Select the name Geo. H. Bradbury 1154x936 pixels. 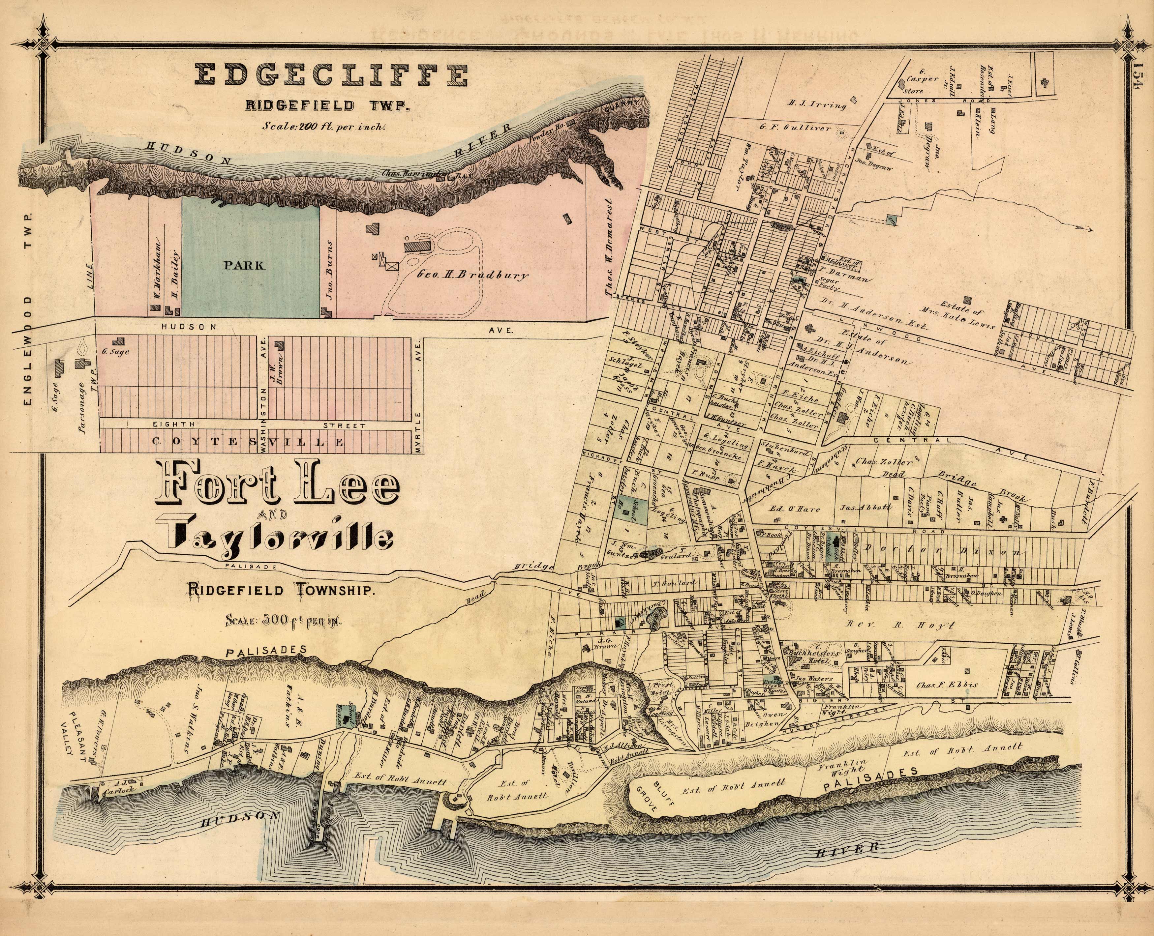point(473,275)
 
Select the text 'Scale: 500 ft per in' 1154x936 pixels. point(284,620)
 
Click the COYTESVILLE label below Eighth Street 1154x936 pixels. point(248,442)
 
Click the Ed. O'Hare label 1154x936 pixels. point(789,509)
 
